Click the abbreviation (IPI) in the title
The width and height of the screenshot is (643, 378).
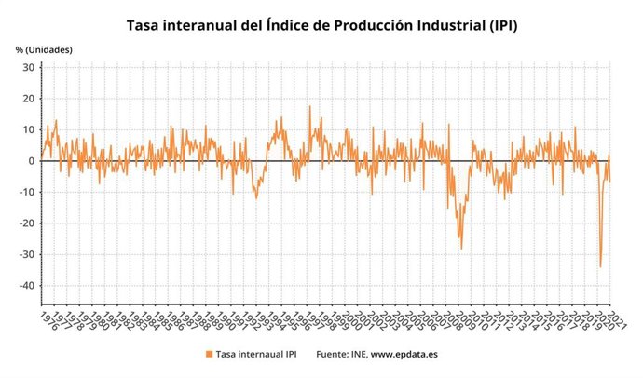click(x=497, y=25)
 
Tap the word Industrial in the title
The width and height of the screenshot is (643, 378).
click(x=430, y=25)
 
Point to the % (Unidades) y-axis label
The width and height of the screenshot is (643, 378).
click(x=44, y=48)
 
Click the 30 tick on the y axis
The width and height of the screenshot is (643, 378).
click(x=28, y=68)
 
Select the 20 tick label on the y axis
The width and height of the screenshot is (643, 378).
click(x=28, y=99)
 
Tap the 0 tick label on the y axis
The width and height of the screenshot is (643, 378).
click(x=32, y=161)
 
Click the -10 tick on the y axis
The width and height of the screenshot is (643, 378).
click(x=26, y=193)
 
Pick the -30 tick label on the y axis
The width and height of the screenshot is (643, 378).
click(x=26, y=254)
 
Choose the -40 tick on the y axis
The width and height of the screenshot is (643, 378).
click(x=26, y=286)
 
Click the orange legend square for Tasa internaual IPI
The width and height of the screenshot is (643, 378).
click(x=208, y=354)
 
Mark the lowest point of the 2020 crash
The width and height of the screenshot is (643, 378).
click(x=600, y=267)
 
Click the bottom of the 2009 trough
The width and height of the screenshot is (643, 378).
click(x=460, y=250)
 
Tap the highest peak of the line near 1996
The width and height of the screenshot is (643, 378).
click(x=310, y=106)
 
